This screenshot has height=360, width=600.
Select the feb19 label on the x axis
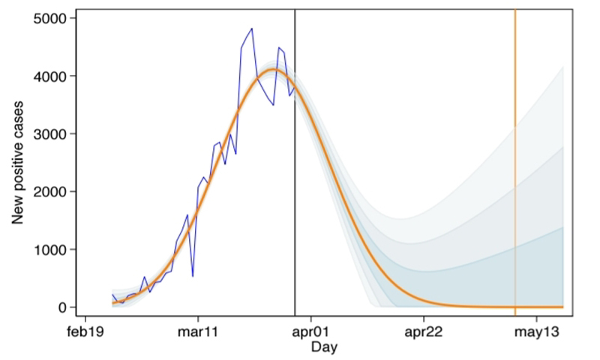tap(84, 332)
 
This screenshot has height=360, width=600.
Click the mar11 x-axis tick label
tap(197, 332)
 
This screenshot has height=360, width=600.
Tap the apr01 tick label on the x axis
tap(310, 332)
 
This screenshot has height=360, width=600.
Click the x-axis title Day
tap(324, 347)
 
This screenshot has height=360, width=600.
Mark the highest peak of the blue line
tap(251, 28)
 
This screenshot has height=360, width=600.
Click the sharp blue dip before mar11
tap(193, 276)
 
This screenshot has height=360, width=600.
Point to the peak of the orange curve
tap(274, 70)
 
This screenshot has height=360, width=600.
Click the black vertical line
tap(295, 187)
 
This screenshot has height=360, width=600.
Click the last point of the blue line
tap(295, 88)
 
